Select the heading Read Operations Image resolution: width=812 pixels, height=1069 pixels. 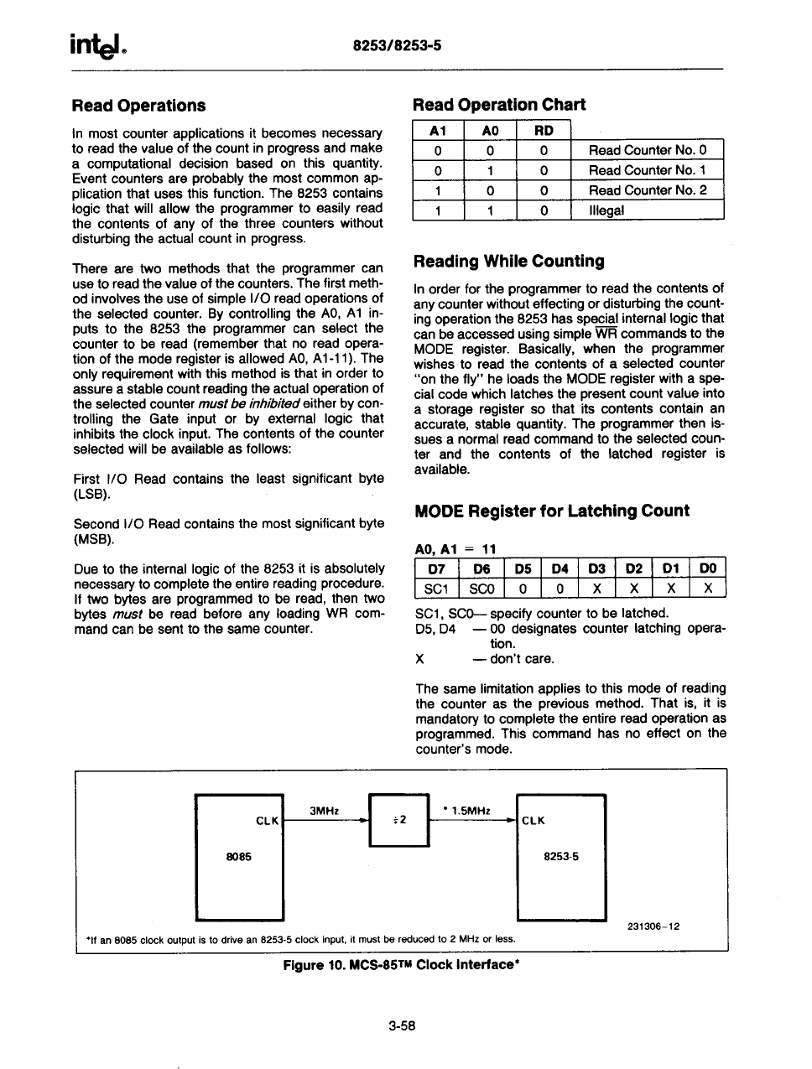[x=138, y=106]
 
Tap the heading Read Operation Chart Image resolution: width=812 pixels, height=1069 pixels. [x=499, y=105]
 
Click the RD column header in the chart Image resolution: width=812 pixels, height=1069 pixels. [x=544, y=131]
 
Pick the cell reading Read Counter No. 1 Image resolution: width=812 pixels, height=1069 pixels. [x=647, y=170]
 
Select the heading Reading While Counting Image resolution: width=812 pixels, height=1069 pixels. [x=508, y=262]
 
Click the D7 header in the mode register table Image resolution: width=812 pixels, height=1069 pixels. [x=436, y=568]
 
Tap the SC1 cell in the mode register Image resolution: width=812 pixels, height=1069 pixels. [x=436, y=589]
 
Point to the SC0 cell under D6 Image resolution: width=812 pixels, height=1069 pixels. [x=481, y=589]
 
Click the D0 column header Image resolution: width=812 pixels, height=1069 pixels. [x=708, y=568]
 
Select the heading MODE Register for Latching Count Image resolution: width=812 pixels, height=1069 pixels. [x=552, y=511]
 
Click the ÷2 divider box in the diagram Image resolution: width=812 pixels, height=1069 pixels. [x=398, y=819]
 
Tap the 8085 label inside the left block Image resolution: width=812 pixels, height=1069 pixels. [x=239, y=857]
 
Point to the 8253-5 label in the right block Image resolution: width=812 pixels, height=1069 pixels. [x=561, y=857]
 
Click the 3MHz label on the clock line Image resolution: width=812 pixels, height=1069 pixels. [x=324, y=812]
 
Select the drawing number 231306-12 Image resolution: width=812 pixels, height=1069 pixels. [x=653, y=926]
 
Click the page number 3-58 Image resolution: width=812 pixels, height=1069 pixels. [x=403, y=1025]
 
